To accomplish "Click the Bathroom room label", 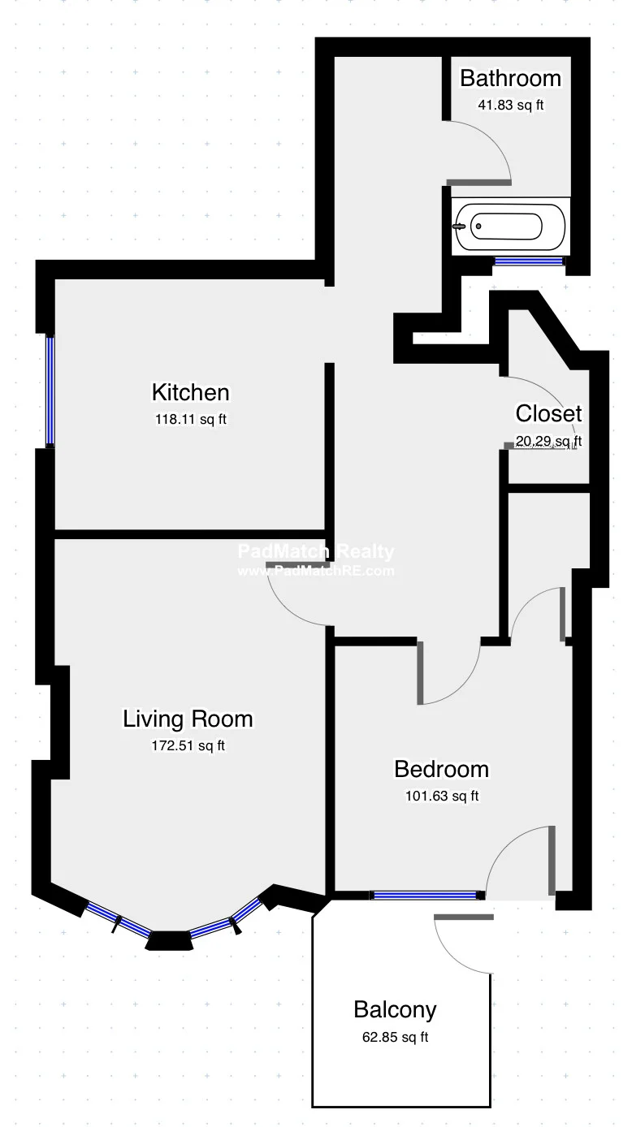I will pyautogui.click(x=510, y=79).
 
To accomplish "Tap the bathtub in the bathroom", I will pyautogui.click(x=510, y=227).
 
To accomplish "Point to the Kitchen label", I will pyautogui.click(x=190, y=393).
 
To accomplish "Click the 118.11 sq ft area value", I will pyautogui.click(x=190, y=420).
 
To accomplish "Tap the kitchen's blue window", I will pyautogui.click(x=50, y=391).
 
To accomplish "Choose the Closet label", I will pyautogui.click(x=548, y=414).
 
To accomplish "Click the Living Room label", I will pyautogui.click(x=188, y=719).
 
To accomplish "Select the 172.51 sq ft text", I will pyautogui.click(x=188, y=745).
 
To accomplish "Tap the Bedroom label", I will pyautogui.click(x=441, y=769).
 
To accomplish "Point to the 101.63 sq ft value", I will pyautogui.click(x=441, y=796).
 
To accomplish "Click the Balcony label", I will pyautogui.click(x=395, y=1010).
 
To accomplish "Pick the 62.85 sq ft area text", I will pyautogui.click(x=395, y=1037).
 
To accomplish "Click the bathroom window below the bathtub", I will pyautogui.click(x=530, y=261).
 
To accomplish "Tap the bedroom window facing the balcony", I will pyautogui.click(x=425, y=895).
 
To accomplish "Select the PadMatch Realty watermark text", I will pyautogui.click(x=316, y=553).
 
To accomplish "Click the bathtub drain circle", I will pyautogui.click(x=478, y=227).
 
